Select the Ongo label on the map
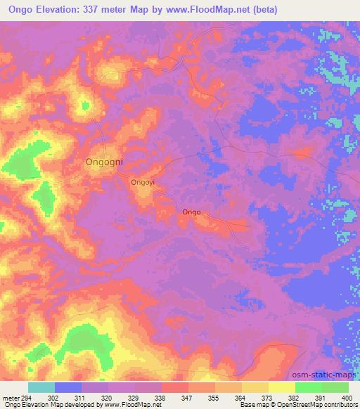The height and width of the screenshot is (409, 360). [191, 212]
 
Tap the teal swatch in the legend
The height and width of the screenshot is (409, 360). [41, 387]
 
